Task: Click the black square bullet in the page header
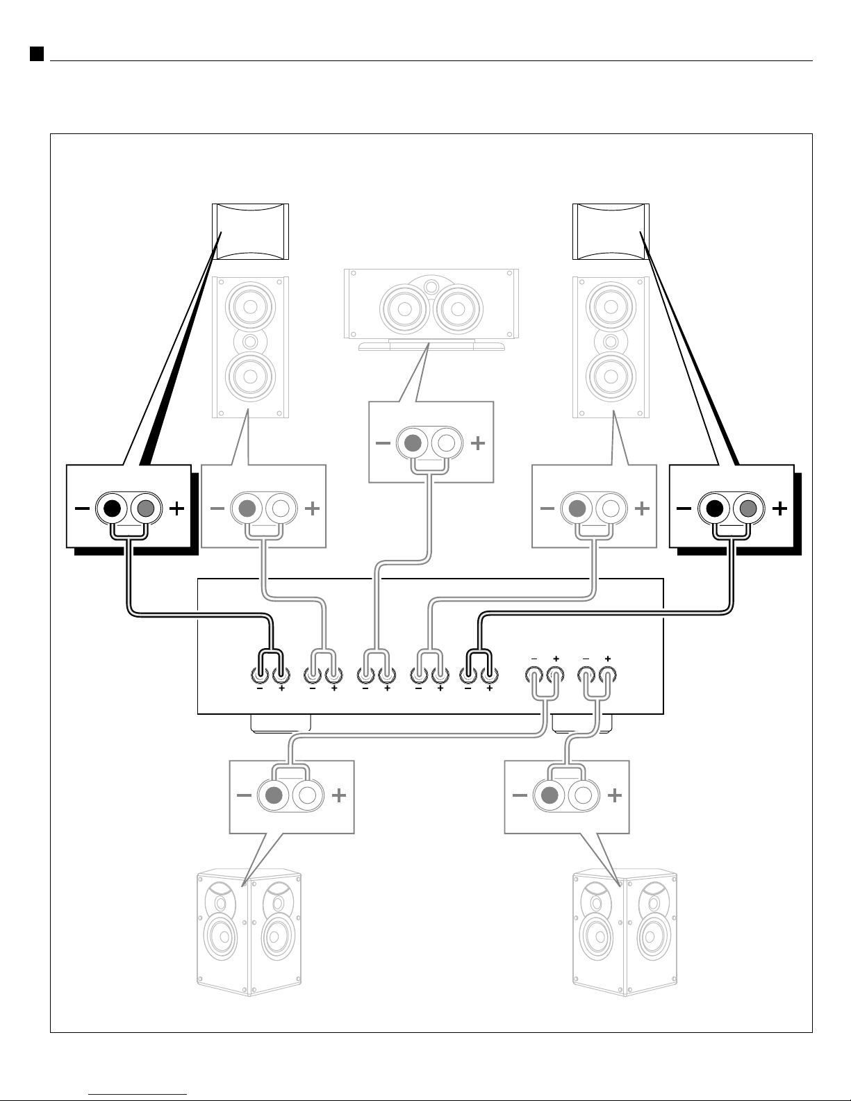click(x=37, y=54)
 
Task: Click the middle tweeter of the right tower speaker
click(x=611, y=342)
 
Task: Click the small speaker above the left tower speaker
click(x=249, y=232)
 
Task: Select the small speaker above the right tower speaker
click(x=611, y=232)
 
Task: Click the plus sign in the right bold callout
click(x=780, y=509)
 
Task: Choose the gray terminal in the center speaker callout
click(x=413, y=443)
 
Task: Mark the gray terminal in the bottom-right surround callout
click(x=550, y=796)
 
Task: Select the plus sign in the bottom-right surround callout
click(x=615, y=796)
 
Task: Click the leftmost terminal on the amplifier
click(x=259, y=674)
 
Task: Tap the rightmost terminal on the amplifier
click(x=608, y=674)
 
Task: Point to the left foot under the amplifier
click(x=280, y=722)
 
